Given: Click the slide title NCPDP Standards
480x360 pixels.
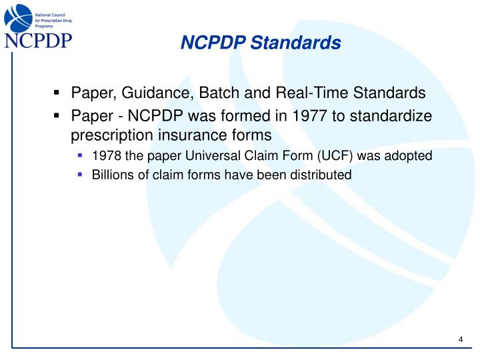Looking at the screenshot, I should click(x=261, y=43).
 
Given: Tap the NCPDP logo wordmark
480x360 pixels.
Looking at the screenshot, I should click(x=39, y=41).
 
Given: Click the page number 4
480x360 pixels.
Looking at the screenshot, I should click(x=461, y=341).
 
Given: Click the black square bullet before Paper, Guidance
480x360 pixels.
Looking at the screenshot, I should click(x=57, y=93).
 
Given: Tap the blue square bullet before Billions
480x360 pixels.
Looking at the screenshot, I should click(x=80, y=175).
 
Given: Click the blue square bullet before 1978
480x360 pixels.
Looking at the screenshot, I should click(x=80, y=156).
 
